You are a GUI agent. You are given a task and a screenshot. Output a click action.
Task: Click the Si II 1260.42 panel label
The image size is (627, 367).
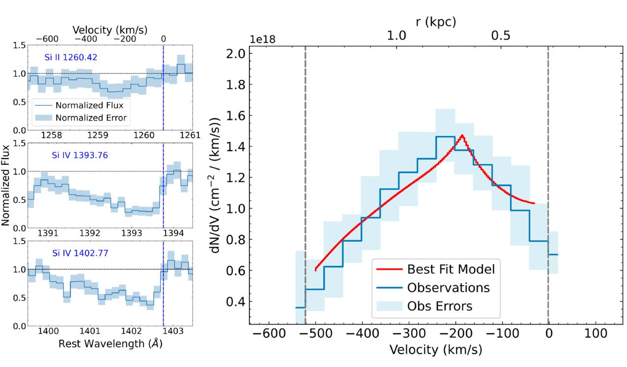(71, 57)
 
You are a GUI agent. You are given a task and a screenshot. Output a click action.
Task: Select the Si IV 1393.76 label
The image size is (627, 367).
(80, 155)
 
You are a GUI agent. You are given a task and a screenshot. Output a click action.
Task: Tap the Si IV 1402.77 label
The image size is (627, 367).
(80, 253)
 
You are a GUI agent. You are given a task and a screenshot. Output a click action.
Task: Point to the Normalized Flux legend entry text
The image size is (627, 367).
(89, 105)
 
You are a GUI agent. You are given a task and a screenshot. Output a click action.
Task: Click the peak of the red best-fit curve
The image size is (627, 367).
(462, 136)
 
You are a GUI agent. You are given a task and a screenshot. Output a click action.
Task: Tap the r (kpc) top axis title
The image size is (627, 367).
(436, 22)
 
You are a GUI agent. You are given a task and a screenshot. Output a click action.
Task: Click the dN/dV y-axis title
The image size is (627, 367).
(215, 185)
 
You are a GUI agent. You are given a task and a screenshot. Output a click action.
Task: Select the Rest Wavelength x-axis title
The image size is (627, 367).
(110, 344)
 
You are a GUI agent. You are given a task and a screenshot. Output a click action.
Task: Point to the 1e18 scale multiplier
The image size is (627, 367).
(262, 40)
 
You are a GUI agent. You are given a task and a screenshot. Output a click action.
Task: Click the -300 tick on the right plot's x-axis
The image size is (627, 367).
(409, 333)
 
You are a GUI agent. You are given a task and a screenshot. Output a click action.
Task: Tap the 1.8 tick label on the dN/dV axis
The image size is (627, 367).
(236, 85)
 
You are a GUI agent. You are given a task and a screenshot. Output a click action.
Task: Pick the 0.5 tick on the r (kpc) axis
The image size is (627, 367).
(501, 36)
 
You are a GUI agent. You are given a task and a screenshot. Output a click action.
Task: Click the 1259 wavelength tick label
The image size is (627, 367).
(97, 135)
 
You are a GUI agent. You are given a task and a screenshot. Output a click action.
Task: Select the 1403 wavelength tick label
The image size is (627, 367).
(173, 331)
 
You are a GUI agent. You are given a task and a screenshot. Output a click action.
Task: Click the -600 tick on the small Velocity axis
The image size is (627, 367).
(47, 39)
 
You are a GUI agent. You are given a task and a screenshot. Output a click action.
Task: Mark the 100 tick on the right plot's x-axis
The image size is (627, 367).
(595, 333)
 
